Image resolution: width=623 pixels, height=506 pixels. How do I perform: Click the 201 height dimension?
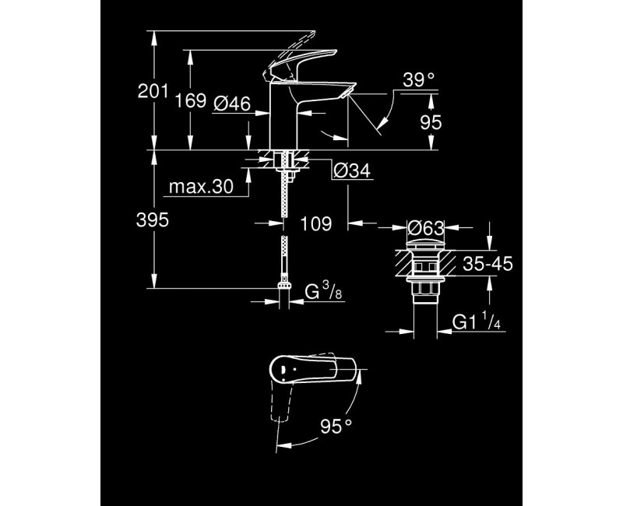coord(153,92)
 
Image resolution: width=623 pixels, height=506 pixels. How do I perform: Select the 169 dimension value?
coord(189,100)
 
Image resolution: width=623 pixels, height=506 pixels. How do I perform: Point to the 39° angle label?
coord(418,79)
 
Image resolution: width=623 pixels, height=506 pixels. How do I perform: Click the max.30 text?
coord(201,188)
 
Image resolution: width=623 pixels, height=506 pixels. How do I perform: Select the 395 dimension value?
coord(153,221)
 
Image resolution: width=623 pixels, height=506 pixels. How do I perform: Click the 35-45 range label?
coord(487,265)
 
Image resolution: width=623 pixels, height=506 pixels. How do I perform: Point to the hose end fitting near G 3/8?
coord(283,291)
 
